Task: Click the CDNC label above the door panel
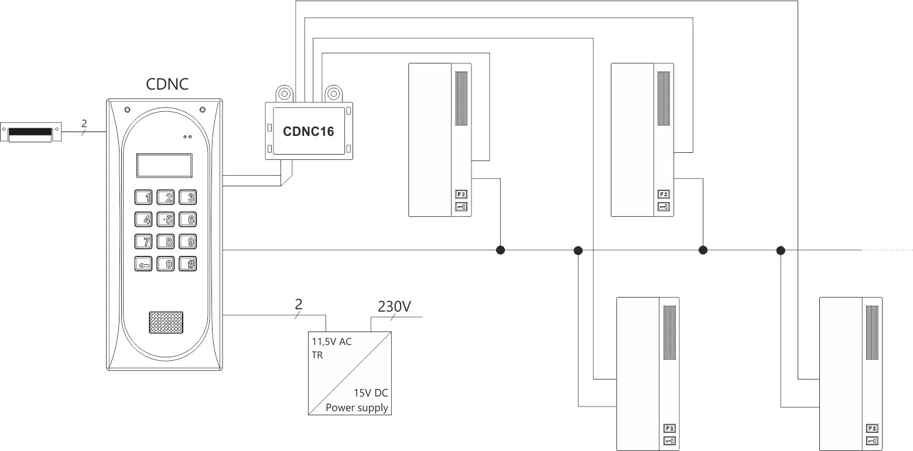(167, 84)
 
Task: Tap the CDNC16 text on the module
(309, 131)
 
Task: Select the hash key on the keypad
(188, 264)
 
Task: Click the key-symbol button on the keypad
(143, 264)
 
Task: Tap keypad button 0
(166, 264)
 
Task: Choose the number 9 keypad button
(188, 241)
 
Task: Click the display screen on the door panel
(164, 166)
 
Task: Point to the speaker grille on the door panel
(166, 323)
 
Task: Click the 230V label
(394, 306)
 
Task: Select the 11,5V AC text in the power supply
(332, 341)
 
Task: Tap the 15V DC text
(371, 392)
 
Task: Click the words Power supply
(357, 408)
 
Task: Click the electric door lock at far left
(30, 132)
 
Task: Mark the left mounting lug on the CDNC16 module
(285, 94)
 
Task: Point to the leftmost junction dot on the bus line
(501, 250)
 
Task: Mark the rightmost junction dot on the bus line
(781, 250)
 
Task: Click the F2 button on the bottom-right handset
(872, 428)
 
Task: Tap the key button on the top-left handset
(461, 207)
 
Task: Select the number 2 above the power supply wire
(298, 304)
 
